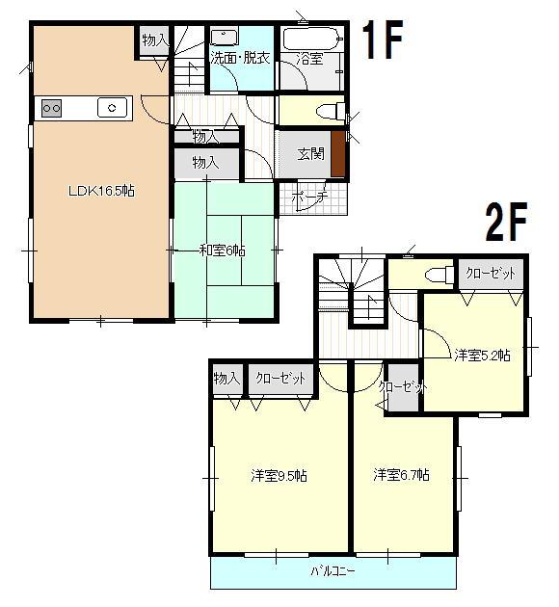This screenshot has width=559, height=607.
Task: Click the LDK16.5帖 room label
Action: [100, 191]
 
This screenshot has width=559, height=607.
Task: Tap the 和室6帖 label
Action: [222, 250]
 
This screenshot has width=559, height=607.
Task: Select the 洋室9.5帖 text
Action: [279, 475]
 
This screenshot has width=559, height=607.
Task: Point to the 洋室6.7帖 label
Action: [402, 475]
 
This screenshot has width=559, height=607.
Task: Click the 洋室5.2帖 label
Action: [482, 355]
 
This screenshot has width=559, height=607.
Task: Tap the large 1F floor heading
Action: [382, 41]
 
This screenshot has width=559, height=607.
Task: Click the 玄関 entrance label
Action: [309, 154]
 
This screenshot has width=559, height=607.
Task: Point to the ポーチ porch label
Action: [309, 196]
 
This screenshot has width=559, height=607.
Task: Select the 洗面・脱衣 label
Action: [240, 58]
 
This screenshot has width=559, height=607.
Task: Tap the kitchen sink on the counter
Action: [114, 108]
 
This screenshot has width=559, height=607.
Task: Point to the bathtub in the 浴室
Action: [309, 39]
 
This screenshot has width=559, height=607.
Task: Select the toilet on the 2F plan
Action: [439, 275]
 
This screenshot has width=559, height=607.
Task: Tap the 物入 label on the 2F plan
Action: [226, 379]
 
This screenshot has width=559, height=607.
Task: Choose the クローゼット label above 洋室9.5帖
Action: [279, 379]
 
